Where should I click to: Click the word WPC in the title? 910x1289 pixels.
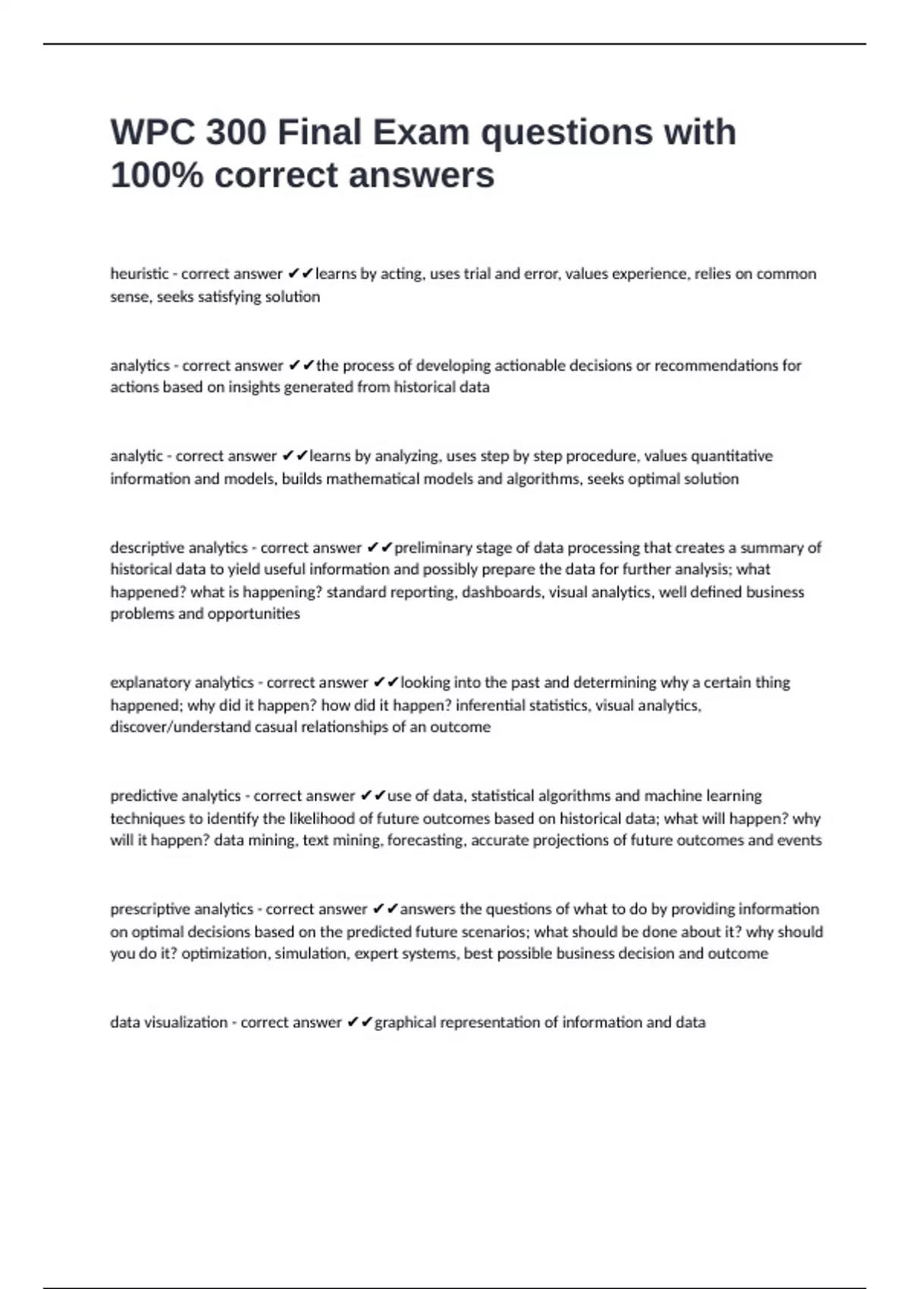tap(152, 133)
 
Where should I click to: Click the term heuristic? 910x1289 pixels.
tap(140, 274)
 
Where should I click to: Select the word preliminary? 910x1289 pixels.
tap(434, 547)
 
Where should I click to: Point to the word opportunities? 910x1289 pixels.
tap(253, 614)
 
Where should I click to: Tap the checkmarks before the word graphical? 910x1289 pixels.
tap(359, 1022)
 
